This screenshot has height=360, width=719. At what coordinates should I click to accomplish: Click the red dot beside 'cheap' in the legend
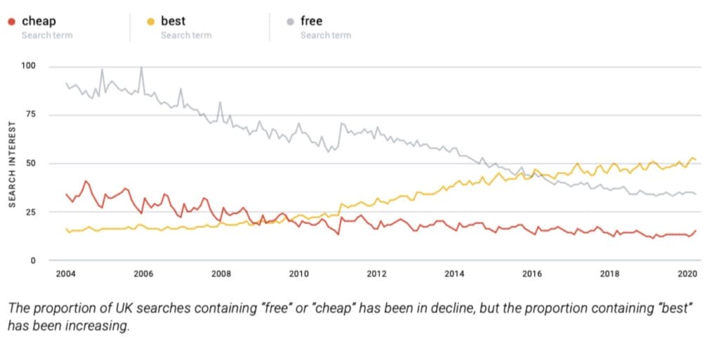(x=12, y=22)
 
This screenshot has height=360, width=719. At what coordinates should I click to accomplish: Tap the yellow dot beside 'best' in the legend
(x=151, y=22)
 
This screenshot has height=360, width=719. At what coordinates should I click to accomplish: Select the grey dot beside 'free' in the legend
(x=290, y=22)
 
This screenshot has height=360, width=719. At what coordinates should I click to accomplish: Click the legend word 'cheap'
(x=39, y=21)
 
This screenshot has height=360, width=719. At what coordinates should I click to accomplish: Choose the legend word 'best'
(x=173, y=21)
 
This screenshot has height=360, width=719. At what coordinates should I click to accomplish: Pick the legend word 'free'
(x=311, y=21)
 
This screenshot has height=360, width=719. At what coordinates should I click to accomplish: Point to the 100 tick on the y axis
(x=28, y=66)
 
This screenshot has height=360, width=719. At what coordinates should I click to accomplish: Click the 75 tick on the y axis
(x=30, y=114)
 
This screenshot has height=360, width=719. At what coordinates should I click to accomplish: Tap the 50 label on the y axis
(x=30, y=163)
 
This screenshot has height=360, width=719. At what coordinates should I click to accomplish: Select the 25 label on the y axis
(x=30, y=212)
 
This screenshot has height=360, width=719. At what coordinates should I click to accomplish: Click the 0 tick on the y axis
(x=33, y=260)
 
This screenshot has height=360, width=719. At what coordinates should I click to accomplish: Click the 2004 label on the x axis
(x=66, y=274)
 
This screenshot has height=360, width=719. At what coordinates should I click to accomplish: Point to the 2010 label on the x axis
(x=299, y=274)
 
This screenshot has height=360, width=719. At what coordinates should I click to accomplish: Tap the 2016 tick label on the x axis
(x=532, y=274)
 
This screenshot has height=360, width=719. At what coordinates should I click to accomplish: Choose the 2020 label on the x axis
(x=687, y=274)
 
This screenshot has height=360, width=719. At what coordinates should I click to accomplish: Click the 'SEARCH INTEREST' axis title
(x=13, y=164)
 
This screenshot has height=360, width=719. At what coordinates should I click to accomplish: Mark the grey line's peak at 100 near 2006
(x=141, y=67)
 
